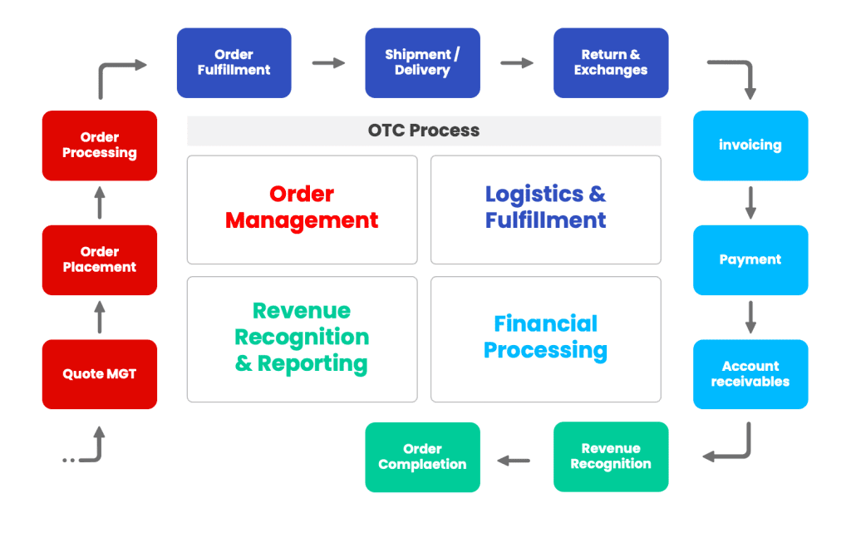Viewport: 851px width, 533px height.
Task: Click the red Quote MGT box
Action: pos(100,374)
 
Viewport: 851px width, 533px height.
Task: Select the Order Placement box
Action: pos(100,259)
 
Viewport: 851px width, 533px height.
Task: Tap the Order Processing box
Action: pos(100,146)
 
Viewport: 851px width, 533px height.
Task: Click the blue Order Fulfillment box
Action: pos(234,63)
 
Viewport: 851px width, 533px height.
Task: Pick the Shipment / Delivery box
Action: pos(422,63)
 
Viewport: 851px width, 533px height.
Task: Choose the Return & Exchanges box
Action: pos(611,63)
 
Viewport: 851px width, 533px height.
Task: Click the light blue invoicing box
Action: pos(750,146)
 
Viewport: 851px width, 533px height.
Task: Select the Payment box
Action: pos(750,259)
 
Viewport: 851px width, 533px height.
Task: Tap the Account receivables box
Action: pos(750,374)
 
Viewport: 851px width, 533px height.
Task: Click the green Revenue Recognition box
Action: pos(611,457)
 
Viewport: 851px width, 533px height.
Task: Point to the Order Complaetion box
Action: pos(422,457)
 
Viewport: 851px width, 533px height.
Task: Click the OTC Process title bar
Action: pos(424,131)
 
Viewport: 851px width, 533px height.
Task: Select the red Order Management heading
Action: pos(302,207)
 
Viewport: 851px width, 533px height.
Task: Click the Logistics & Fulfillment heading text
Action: pos(545,207)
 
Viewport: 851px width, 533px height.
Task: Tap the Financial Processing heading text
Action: pos(545,337)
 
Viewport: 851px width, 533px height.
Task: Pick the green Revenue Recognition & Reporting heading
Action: pos(302,337)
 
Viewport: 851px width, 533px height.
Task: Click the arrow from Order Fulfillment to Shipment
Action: pos(328,63)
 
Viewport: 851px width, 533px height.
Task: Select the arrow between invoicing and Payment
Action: pos(750,202)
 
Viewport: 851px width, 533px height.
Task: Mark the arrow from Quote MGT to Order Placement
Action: pos(100,317)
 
